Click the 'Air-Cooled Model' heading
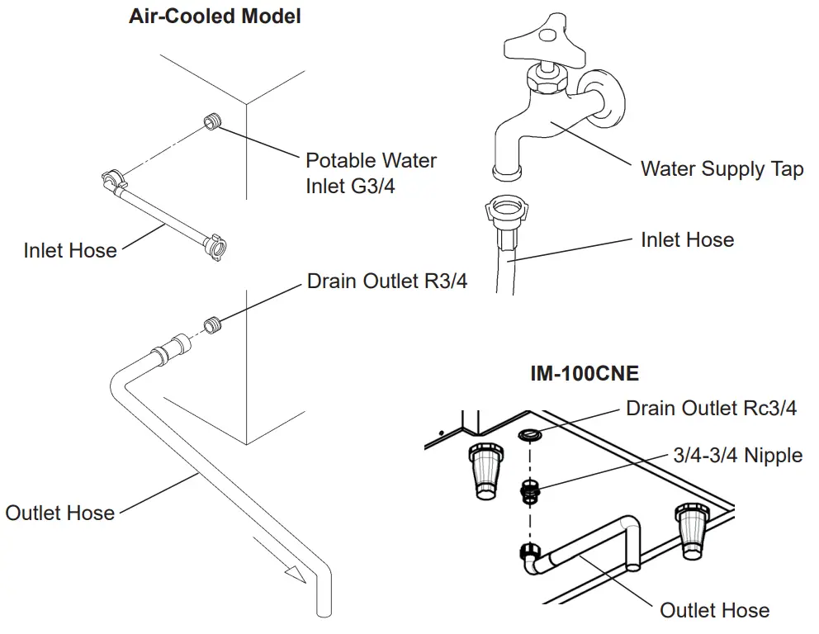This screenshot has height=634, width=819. pos(215,17)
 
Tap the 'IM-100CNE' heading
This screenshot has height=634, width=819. pos(584,373)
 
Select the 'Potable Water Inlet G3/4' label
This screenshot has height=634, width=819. pos(371,173)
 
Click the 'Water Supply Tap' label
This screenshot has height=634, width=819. pos(722,169)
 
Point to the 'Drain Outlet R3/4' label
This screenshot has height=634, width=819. pos(386,282)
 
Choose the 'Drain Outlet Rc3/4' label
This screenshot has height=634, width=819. pos(711,408)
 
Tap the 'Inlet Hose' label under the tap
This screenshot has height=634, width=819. pos(687,240)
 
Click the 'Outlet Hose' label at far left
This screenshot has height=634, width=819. pos(59,513)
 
